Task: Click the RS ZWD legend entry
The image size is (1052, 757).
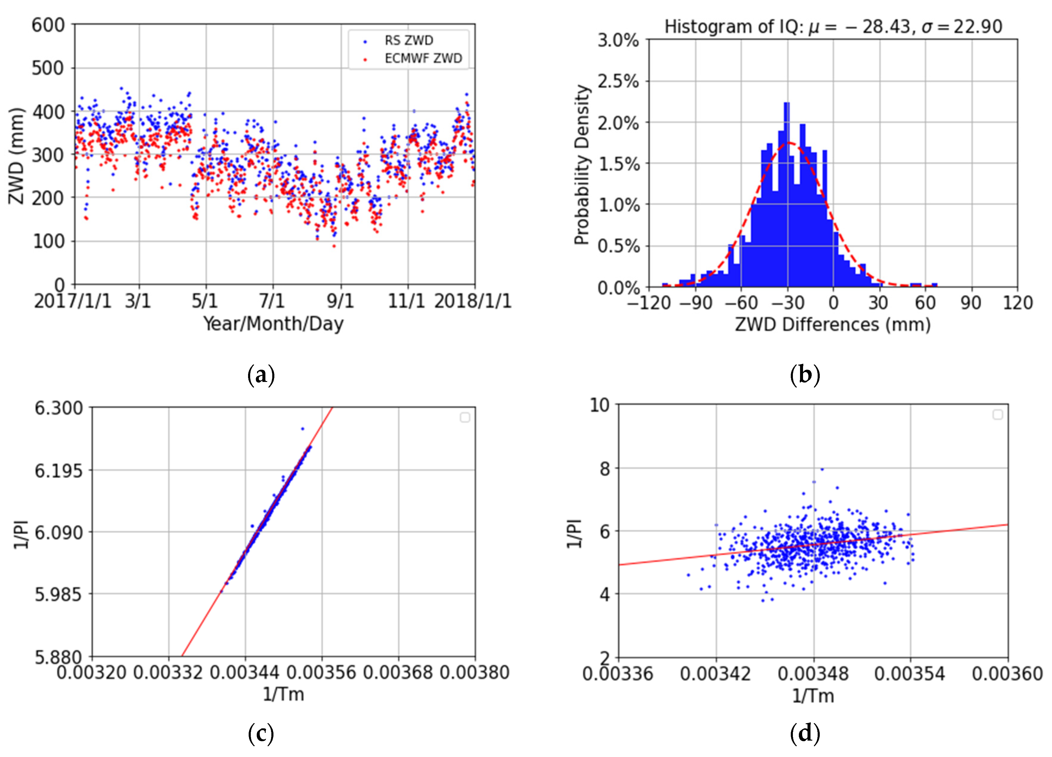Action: click(408, 41)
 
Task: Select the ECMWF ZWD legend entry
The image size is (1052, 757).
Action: click(423, 58)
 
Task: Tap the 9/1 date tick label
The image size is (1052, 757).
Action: click(340, 301)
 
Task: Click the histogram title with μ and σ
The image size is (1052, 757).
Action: click(833, 27)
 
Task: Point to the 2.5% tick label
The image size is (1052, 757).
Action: click(618, 81)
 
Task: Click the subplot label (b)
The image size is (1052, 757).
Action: click(805, 374)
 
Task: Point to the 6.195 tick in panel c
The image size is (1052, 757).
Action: click(59, 471)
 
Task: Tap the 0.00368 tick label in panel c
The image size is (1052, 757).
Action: click(398, 672)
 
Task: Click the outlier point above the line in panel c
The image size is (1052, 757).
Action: click(302, 428)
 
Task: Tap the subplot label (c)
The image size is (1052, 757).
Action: click(261, 734)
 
